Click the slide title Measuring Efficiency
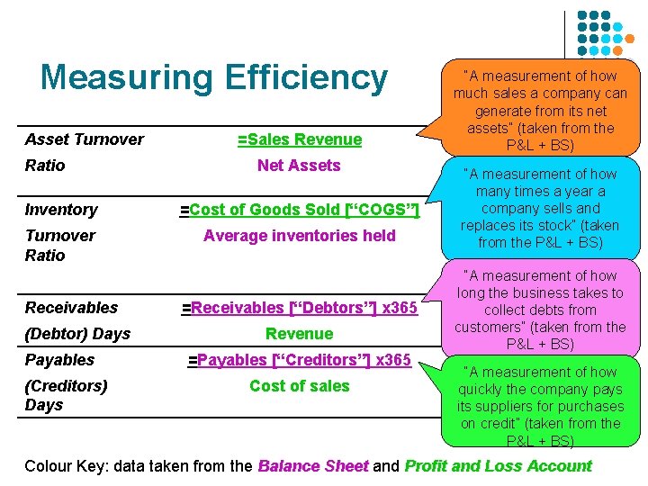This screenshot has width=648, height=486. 213,77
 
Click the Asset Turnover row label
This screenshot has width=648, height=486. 84,139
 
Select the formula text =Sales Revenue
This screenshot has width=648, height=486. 299,139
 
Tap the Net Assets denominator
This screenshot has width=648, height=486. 299,166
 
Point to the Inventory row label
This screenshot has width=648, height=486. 61,210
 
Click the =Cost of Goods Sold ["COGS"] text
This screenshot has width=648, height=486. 300,210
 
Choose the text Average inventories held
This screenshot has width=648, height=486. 300,236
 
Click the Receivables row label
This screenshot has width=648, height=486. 71,308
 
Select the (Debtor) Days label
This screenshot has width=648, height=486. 77,334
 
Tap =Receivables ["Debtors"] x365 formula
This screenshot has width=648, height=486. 300,308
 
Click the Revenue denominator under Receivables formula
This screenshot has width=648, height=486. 300,334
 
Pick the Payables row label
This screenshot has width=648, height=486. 59,360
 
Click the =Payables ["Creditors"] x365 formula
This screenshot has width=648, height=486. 300,360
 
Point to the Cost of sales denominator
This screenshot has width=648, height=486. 300,386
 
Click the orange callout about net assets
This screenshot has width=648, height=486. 540,110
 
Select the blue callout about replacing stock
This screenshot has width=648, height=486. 540,208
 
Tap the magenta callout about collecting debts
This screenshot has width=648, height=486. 540,310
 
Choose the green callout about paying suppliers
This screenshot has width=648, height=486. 540,405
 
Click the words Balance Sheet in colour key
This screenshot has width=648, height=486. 312,466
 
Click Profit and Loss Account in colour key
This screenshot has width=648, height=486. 498,466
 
